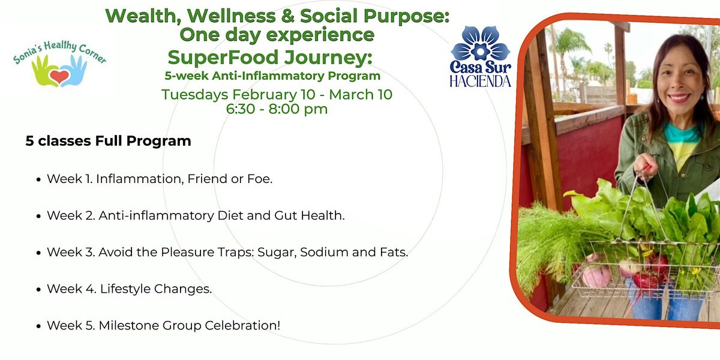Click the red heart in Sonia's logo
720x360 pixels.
click(x=59, y=77)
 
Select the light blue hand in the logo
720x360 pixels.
click(x=74, y=71)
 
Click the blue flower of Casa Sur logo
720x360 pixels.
click(x=480, y=44)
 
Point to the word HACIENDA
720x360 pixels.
click(x=480, y=82)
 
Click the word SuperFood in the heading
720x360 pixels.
click(x=223, y=58)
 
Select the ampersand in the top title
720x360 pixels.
click(x=287, y=16)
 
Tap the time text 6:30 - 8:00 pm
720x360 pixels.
click(x=277, y=109)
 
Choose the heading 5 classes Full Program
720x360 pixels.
click(x=109, y=141)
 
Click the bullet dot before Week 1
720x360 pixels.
click(x=38, y=179)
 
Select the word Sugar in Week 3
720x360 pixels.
click(x=277, y=253)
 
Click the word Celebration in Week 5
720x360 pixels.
click(x=242, y=325)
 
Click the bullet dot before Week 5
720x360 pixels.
click(x=38, y=326)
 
